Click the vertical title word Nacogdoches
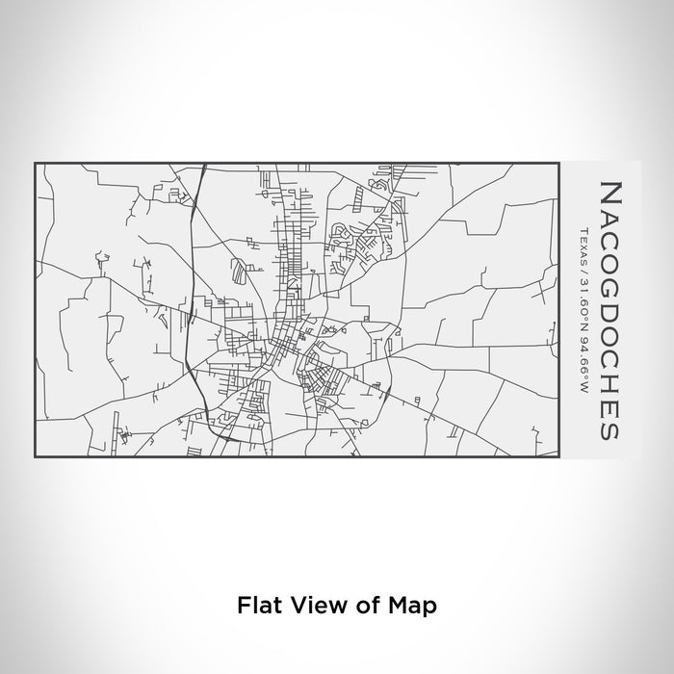(x=609, y=308)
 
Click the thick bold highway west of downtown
(x=191, y=289)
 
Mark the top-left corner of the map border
(x=36, y=164)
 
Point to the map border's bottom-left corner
(x=36, y=454)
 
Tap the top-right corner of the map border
(x=558, y=164)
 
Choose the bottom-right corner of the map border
(x=558, y=454)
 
